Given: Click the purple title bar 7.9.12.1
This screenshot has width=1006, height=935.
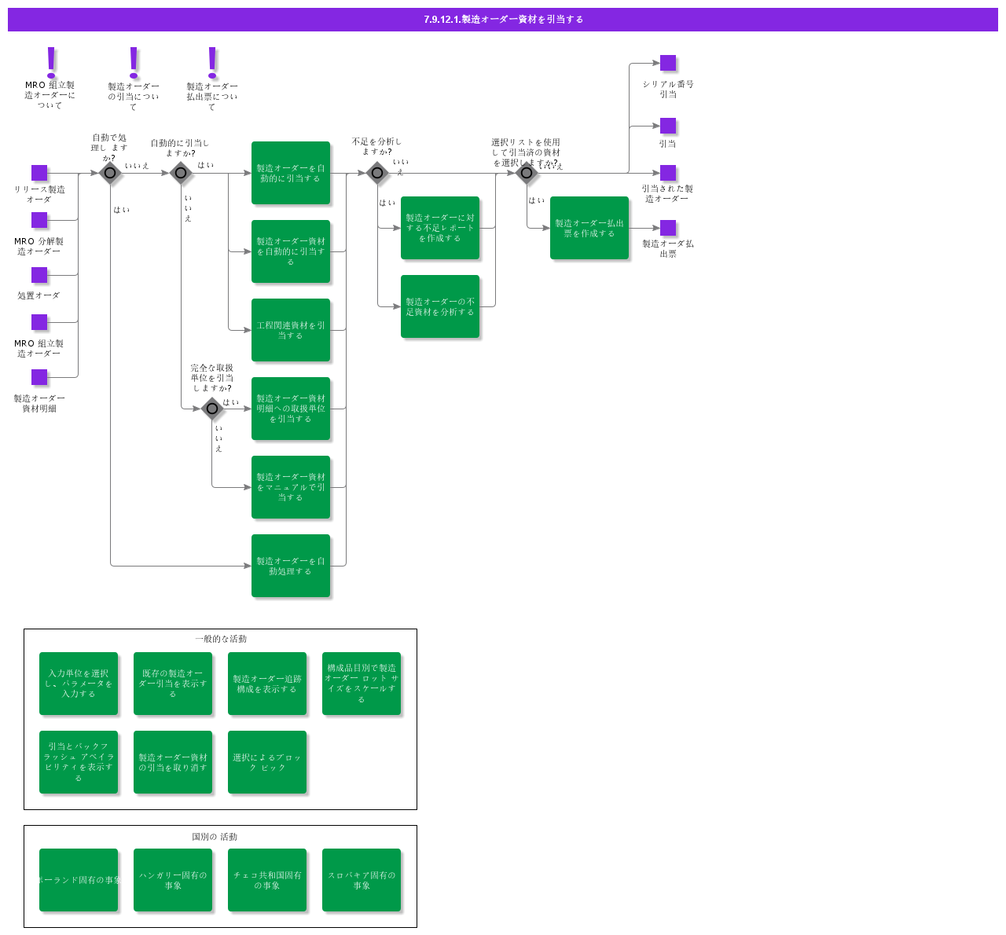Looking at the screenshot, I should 503,20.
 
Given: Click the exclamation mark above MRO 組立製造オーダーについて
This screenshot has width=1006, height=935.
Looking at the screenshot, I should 52,61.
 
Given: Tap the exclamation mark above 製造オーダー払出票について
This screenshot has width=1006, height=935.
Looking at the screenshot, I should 212,62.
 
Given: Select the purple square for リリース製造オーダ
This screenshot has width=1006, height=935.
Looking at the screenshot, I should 39,173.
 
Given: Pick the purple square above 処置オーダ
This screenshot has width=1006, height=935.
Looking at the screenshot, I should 39,275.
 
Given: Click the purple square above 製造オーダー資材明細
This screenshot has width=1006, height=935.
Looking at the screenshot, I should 39,377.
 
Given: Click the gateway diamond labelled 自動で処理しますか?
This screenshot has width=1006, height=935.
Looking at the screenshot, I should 110,173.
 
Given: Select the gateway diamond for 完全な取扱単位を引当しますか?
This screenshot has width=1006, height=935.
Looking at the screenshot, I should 212,409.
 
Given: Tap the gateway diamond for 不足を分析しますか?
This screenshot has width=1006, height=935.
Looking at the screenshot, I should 377,173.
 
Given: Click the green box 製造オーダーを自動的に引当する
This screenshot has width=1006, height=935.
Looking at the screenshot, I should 291,173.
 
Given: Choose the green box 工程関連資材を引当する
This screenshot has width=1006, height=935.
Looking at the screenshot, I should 291,330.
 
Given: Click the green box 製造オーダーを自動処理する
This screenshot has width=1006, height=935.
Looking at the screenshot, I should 291,566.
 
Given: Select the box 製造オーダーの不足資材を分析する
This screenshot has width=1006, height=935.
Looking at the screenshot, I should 440,306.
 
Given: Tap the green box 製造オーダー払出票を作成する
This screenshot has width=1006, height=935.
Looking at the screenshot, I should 589,228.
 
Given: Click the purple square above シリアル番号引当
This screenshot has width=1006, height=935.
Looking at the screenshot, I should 668,63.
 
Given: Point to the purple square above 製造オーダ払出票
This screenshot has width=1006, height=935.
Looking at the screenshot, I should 668,228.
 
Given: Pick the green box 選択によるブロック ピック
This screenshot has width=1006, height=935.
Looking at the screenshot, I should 267,762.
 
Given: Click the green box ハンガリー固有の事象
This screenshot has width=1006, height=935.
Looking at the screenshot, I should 173,880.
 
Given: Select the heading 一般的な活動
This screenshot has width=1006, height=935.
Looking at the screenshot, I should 221,639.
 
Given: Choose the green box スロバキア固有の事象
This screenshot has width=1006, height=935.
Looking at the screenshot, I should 362,880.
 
